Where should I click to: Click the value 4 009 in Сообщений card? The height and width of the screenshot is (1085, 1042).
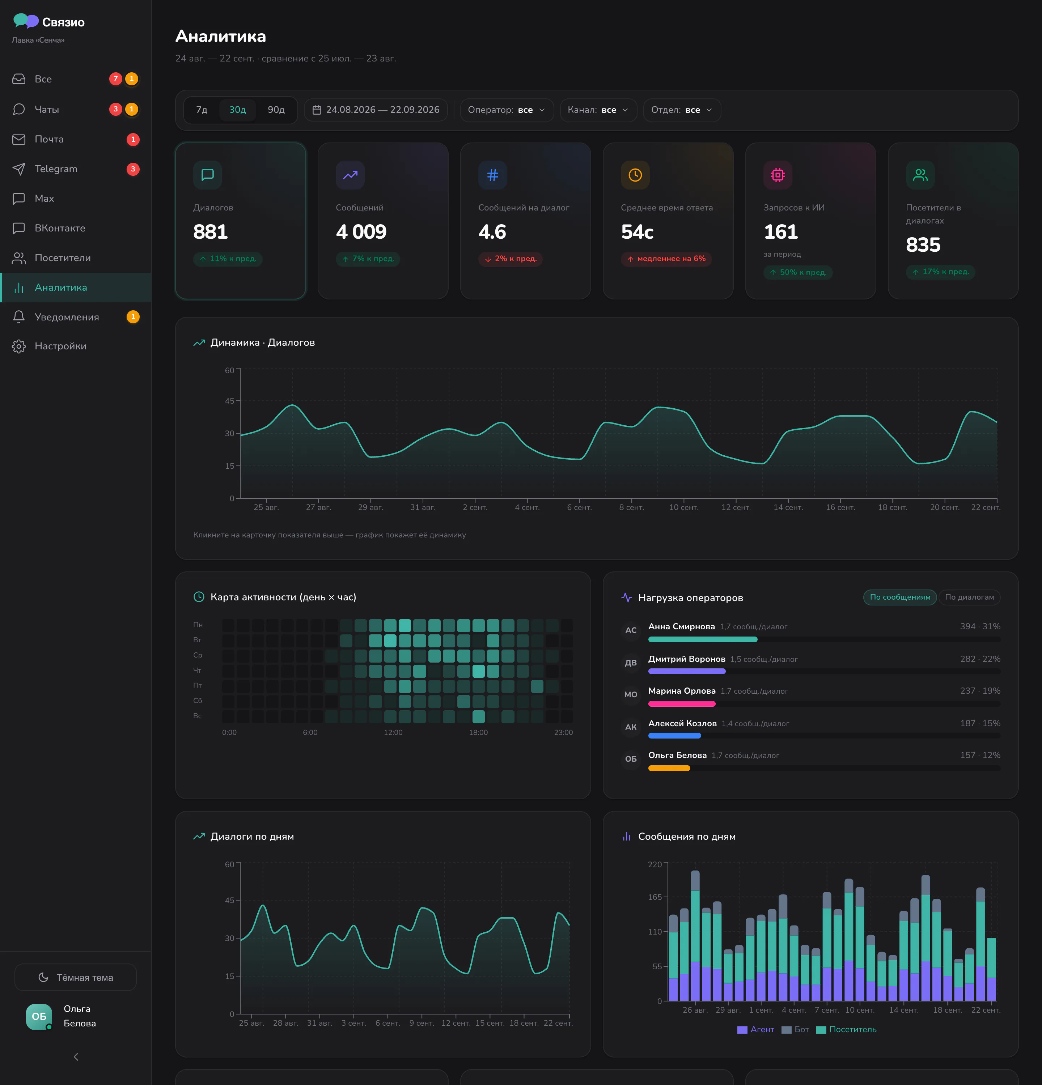click(361, 232)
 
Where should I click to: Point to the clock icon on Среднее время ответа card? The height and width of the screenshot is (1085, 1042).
click(635, 175)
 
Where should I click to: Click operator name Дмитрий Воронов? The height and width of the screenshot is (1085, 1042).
click(687, 659)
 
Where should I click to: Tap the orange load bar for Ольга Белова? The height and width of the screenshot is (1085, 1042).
click(669, 768)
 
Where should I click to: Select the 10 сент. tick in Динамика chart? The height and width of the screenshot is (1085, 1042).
click(684, 507)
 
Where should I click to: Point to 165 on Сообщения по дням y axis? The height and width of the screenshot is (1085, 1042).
click(655, 897)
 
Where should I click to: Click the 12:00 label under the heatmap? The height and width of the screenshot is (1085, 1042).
click(393, 732)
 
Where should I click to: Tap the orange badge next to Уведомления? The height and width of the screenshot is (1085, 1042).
click(133, 317)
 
